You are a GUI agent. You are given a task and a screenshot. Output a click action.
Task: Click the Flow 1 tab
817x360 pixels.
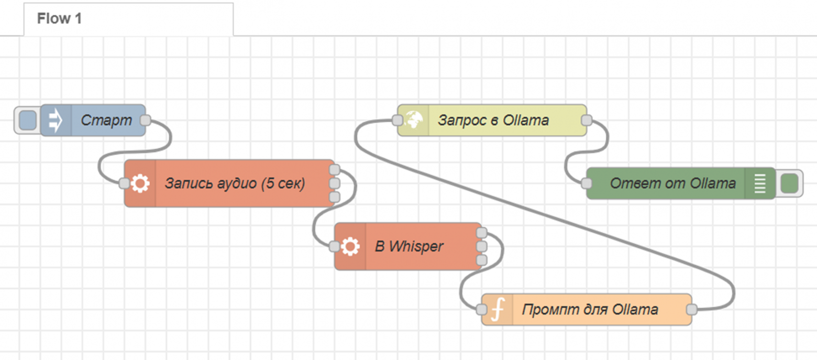pos(59,19)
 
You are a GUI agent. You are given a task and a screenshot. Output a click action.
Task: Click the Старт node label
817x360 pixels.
pos(107,120)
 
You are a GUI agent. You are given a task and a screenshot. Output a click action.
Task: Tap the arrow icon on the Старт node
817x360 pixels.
pos(56,120)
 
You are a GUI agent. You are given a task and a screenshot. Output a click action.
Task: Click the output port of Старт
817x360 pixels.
pos(146,120)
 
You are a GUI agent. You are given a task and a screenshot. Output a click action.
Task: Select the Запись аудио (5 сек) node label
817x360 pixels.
pos(235,183)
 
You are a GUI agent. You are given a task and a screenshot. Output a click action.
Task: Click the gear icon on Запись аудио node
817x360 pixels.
pos(140,183)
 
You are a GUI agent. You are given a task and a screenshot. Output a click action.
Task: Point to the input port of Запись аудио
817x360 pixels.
pos(124,183)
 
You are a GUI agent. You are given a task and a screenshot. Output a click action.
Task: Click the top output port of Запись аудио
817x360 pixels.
pos(335,170)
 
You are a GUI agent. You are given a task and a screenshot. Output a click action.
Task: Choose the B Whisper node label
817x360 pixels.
pos(409,246)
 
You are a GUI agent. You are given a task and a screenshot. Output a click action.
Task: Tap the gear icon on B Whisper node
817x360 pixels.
pos(350,246)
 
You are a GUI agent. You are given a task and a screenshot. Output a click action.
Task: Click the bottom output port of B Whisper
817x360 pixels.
pos(482,260)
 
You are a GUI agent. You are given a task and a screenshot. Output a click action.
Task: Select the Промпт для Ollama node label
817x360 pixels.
pos(590,309)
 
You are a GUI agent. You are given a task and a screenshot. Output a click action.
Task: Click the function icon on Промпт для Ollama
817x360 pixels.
pos(497,309)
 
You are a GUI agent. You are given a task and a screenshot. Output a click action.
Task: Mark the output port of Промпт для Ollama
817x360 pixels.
pos(692,309)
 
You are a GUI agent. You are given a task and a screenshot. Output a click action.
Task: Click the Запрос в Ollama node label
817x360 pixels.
pos(493,120)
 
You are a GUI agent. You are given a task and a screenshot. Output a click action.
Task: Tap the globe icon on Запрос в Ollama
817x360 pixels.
pos(413,120)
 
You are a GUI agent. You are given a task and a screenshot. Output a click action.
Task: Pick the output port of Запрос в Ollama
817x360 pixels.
pos(587,120)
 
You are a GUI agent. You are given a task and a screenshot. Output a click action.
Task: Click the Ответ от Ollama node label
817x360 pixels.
pos(672,183)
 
